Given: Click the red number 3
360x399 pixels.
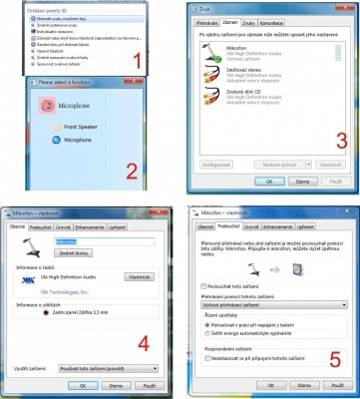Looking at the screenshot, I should pyautogui.click(x=340, y=139).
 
